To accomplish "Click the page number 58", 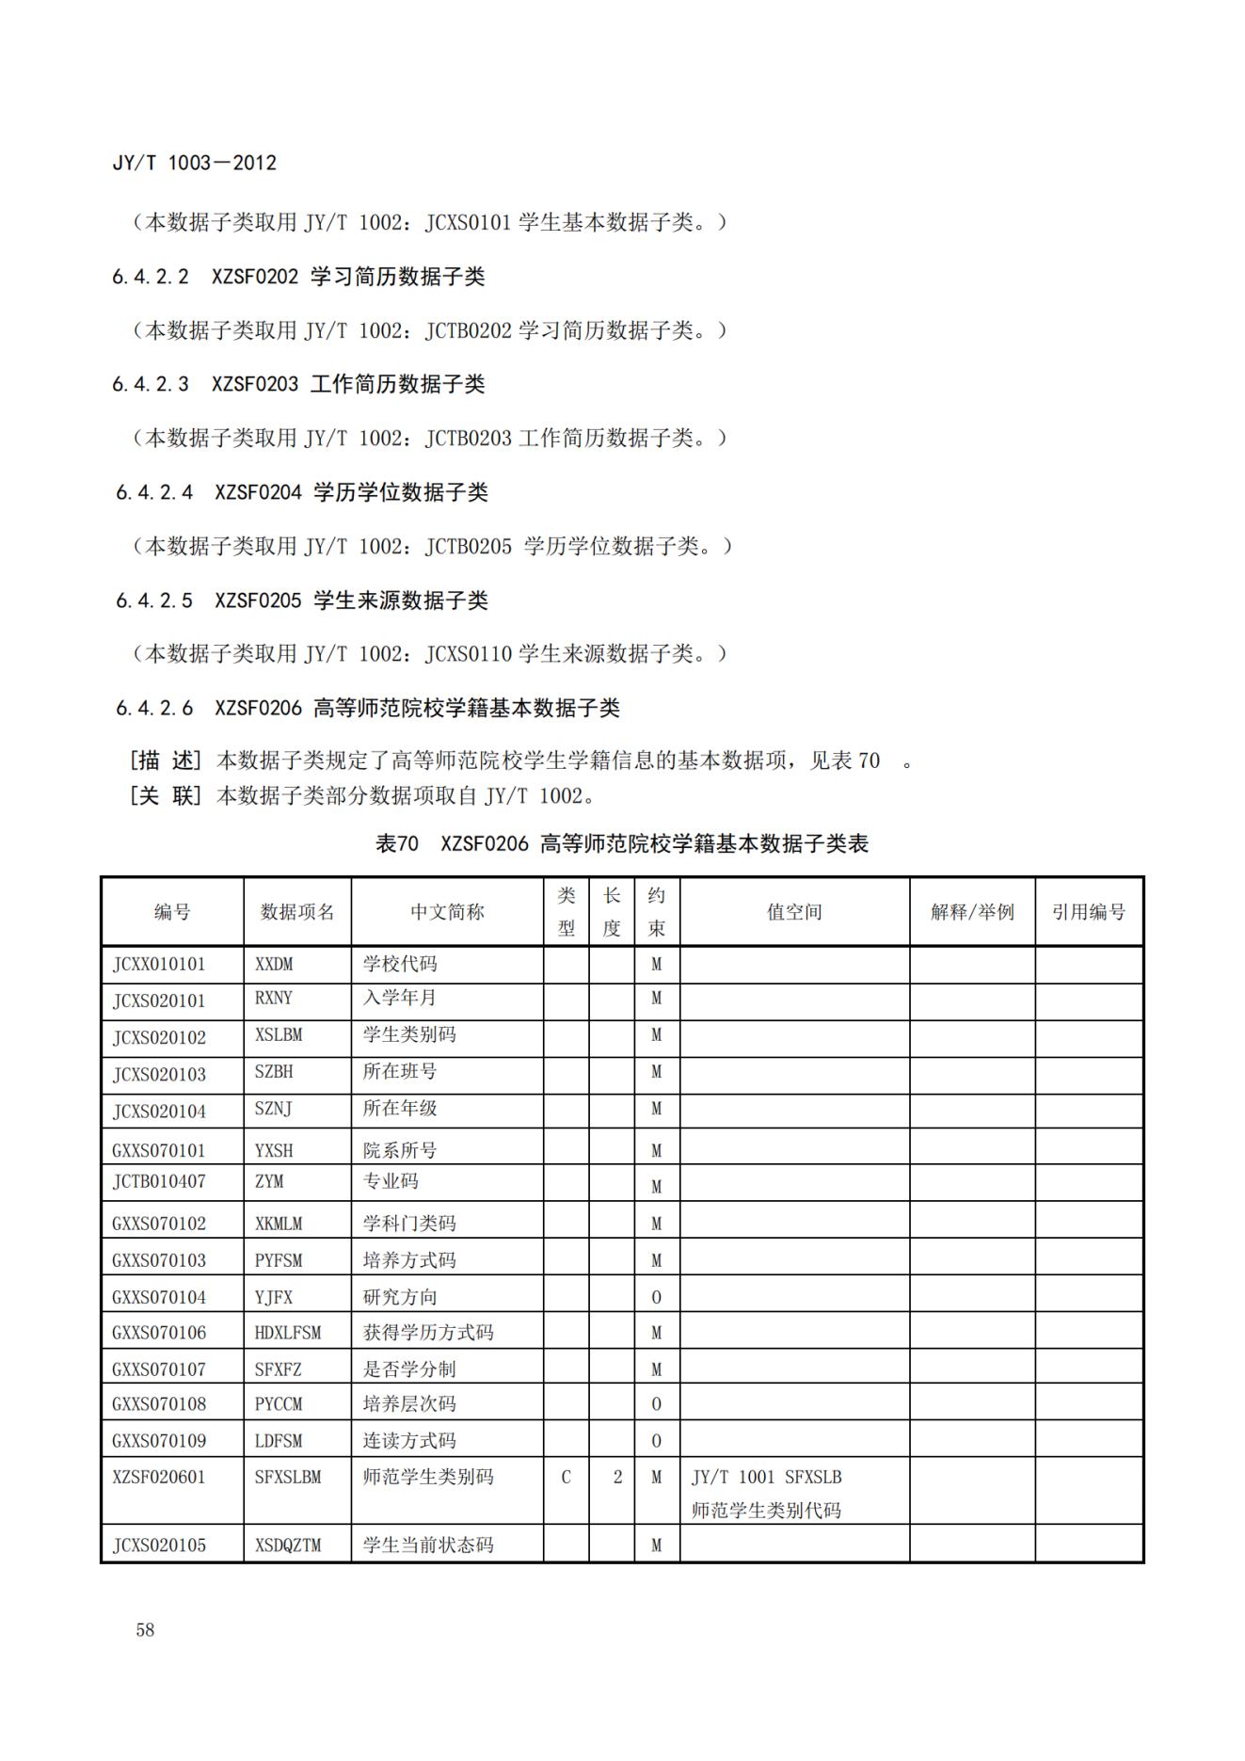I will (x=145, y=1629).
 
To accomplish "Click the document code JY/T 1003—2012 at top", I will (x=195, y=163).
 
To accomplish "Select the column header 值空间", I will (x=794, y=911).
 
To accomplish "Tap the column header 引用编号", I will (x=1088, y=911).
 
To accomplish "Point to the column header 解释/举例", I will (x=972, y=911).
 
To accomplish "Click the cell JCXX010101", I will (x=159, y=964).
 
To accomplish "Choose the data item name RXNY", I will (x=274, y=998).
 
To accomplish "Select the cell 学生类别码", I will (x=409, y=1034).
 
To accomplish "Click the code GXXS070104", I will (x=159, y=1297).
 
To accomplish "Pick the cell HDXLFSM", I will (x=288, y=1333).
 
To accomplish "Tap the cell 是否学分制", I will (x=409, y=1369).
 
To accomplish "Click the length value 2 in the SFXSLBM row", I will (x=617, y=1477).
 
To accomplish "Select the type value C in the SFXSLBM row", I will (x=566, y=1477).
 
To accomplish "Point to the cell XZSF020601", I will (x=159, y=1477).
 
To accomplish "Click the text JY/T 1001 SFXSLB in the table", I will (x=766, y=1477).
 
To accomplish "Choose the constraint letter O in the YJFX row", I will (x=657, y=1297).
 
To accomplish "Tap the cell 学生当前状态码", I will (x=428, y=1545).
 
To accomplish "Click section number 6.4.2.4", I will (x=154, y=492).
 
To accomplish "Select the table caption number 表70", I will (x=397, y=843).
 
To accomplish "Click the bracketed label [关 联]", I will (x=166, y=795).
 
